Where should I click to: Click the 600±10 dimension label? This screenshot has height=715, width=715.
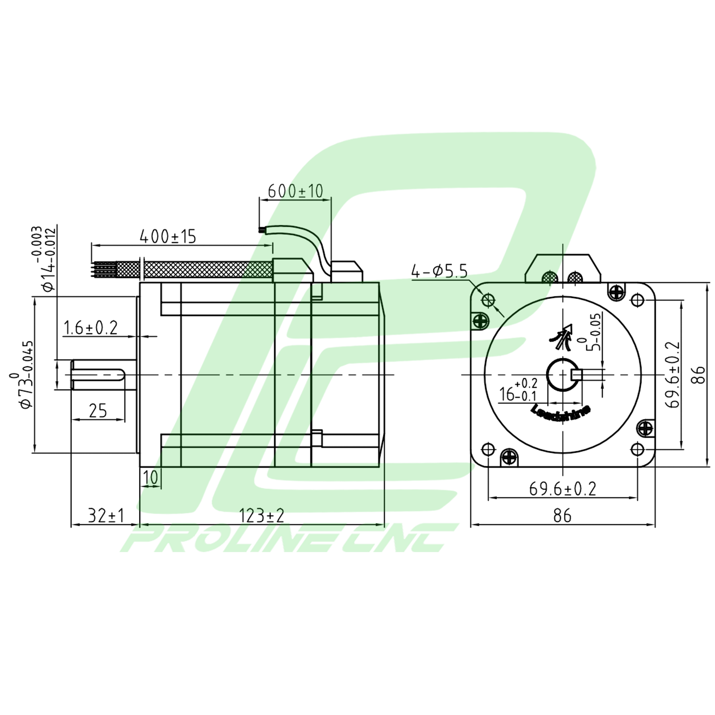pos(296,191)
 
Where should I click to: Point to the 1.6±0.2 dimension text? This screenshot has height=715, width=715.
pos(91,328)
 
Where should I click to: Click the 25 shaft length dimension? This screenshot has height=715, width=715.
pos(98,411)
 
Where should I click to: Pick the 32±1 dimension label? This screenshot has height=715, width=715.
pos(106,516)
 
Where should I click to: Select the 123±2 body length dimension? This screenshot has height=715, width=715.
pos(261,516)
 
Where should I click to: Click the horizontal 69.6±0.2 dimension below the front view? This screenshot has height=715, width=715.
pos(562,489)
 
